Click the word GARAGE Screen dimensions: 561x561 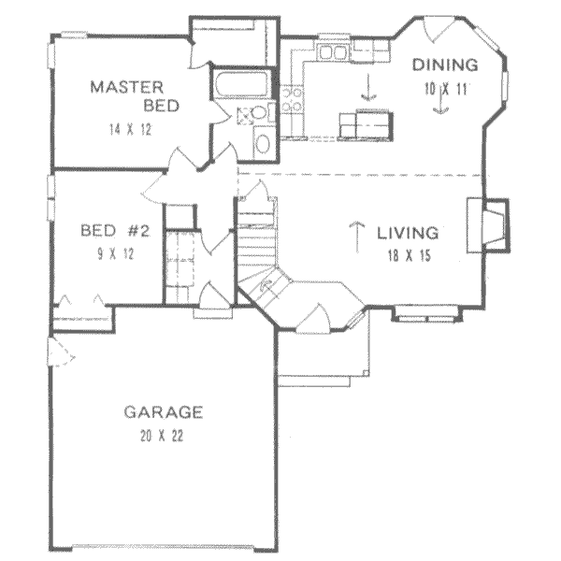[164, 411]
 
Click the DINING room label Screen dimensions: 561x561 [446, 65]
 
